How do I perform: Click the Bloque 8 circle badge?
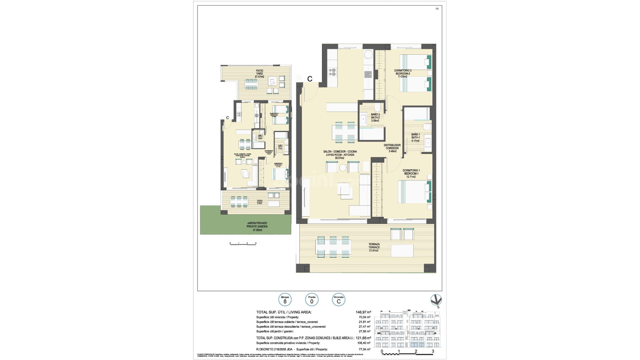(x=285, y=300)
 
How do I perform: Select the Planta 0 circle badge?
(x=312, y=300)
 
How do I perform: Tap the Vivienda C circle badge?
(x=339, y=300)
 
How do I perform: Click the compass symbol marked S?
(x=436, y=300)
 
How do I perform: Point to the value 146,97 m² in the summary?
(x=363, y=312)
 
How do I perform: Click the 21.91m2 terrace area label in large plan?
(x=374, y=251)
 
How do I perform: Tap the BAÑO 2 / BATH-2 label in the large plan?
(x=375, y=117)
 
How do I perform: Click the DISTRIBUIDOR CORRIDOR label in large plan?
(x=392, y=148)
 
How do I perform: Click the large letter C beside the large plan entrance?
(x=310, y=79)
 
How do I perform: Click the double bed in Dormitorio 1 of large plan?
(x=414, y=192)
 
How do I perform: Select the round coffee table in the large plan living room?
(x=343, y=168)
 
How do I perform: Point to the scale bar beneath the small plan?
(x=243, y=244)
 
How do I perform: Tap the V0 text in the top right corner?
(x=437, y=9)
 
